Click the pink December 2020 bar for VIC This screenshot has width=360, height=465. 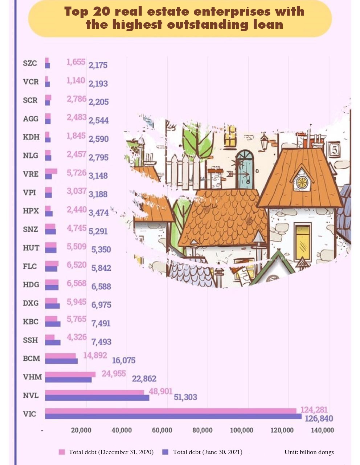click(171, 411)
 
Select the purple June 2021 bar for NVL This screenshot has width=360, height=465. click(97, 398)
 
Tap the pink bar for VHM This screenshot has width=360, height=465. click(70, 374)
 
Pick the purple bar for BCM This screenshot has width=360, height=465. click(61, 361)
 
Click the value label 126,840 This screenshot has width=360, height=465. click(319, 418)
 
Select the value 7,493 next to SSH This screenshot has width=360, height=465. click(101, 342)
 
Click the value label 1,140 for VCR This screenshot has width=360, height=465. click(75, 80)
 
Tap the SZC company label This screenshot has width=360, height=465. click(30, 63)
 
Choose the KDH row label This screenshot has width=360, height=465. click(31, 137)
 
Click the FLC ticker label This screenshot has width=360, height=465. click(30, 266)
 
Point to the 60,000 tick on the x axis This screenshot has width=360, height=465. click(162, 430)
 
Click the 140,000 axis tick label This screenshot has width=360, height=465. click(322, 430)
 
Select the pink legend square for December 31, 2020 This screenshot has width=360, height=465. click(62, 452)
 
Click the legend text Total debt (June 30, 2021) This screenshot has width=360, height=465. click(207, 452)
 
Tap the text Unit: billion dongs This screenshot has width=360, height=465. click(309, 452)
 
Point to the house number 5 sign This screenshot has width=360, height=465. click(334, 149)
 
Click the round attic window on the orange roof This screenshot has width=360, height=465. click(302, 182)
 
